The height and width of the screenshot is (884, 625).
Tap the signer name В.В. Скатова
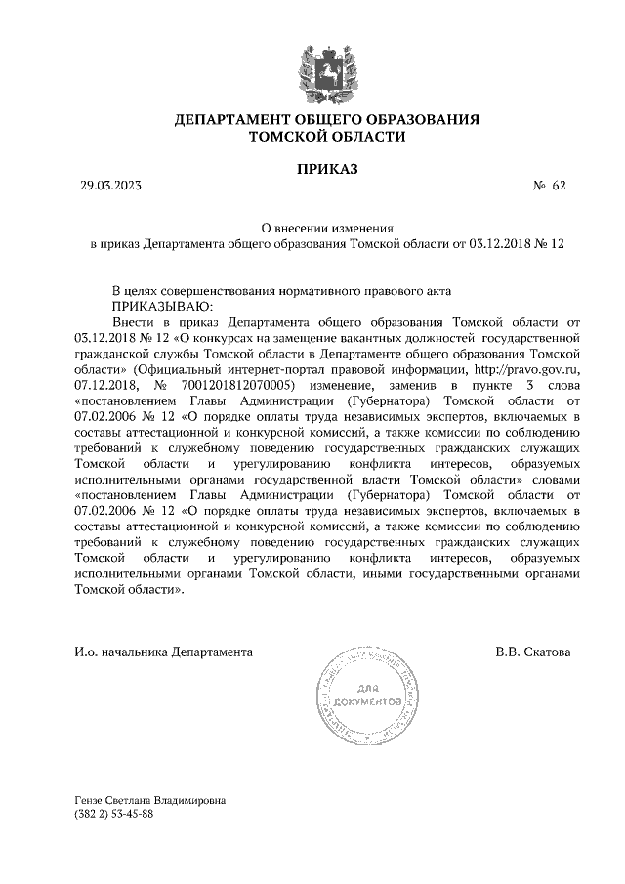point(533,651)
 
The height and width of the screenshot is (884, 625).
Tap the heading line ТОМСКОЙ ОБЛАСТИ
point(327,138)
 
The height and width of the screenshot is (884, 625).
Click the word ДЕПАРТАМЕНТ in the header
point(235,120)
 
